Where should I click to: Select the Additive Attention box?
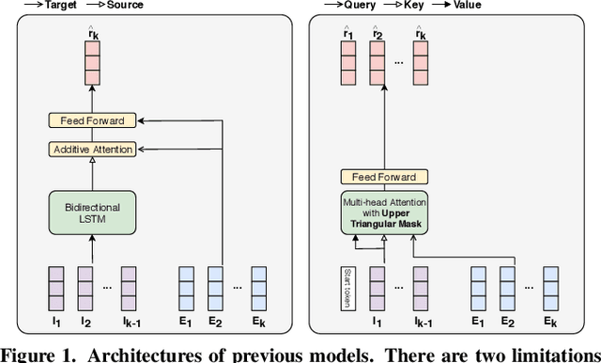click(91, 149)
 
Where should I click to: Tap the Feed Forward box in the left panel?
click(91, 121)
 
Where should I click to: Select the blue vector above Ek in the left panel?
click(263, 289)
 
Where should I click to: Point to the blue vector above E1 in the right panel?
click(478, 289)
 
